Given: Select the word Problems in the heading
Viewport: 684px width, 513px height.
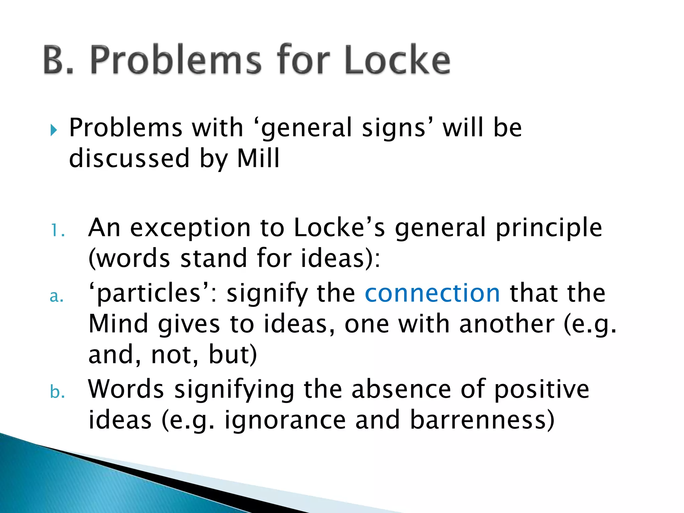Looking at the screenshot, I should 175,60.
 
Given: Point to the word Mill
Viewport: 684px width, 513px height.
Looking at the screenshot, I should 258,158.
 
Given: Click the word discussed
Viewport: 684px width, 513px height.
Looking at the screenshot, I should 129,158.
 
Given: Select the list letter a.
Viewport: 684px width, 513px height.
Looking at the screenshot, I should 57,296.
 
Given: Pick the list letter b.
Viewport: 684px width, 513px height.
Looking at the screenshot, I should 57,391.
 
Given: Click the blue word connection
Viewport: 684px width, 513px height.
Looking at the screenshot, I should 433,293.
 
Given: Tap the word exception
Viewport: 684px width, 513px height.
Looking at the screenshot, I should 190,228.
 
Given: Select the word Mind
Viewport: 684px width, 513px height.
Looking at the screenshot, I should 118,324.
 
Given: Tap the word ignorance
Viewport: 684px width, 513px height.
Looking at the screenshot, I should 285,420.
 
